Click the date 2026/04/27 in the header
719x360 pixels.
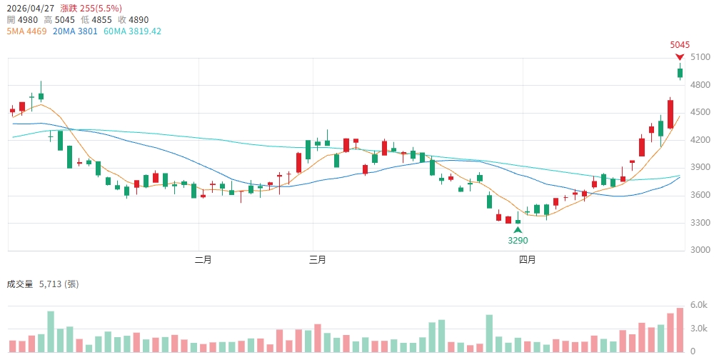pyautogui.click(x=30, y=7)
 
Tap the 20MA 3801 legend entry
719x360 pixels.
pyautogui.click(x=75, y=31)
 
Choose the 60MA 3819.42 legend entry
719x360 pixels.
pyautogui.click(x=132, y=31)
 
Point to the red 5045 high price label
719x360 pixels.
pyautogui.click(x=680, y=44)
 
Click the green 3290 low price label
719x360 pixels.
pyautogui.click(x=518, y=241)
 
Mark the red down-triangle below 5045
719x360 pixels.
pyautogui.click(x=680, y=56)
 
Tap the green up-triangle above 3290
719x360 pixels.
pyautogui.click(x=518, y=229)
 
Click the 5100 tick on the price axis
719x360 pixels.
pyautogui.click(x=700, y=57)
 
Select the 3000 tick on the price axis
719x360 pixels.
pyautogui.click(x=700, y=251)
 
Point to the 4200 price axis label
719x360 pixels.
pyautogui.click(x=700, y=140)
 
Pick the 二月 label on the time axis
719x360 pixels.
pyautogui.click(x=203, y=260)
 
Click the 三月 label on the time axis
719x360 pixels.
pyautogui.click(x=318, y=260)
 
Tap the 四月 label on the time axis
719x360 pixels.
pyautogui.click(x=528, y=260)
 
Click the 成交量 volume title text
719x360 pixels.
pyautogui.click(x=20, y=284)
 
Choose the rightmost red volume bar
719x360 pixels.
pyautogui.click(x=670, y=332)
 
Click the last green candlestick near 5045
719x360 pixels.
pyautogui.click(x=680, y=72)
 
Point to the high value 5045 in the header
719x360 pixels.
pyautogui.click(x=64, y=19)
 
